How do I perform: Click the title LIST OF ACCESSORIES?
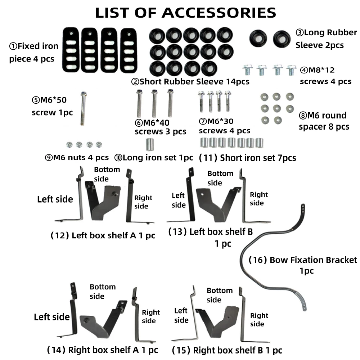pyautogui.click(x=185, y=13)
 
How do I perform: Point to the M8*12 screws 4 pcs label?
pyautogui.click(x=325, y=76)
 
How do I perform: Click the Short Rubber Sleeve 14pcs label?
pyautogui.click(x=190, y=82)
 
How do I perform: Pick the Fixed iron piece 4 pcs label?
pyautogui.click(x=33, y=52)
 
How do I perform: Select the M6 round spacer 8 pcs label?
pyautogui.click(x=324, y=121)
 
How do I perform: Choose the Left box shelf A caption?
pyautogui.click(x=103, y=236)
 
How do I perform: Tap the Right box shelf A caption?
pyautogui.click(x=103, y=350)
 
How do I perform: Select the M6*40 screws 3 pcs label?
pyautogui.click(x=160, y=127)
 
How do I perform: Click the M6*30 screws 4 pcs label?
pyautogui.click(x=224, y=126)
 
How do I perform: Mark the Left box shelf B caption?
pyautogui.click(x=211, y=237)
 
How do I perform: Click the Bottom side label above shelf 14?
pyautogui.click(x=102, y=291)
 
